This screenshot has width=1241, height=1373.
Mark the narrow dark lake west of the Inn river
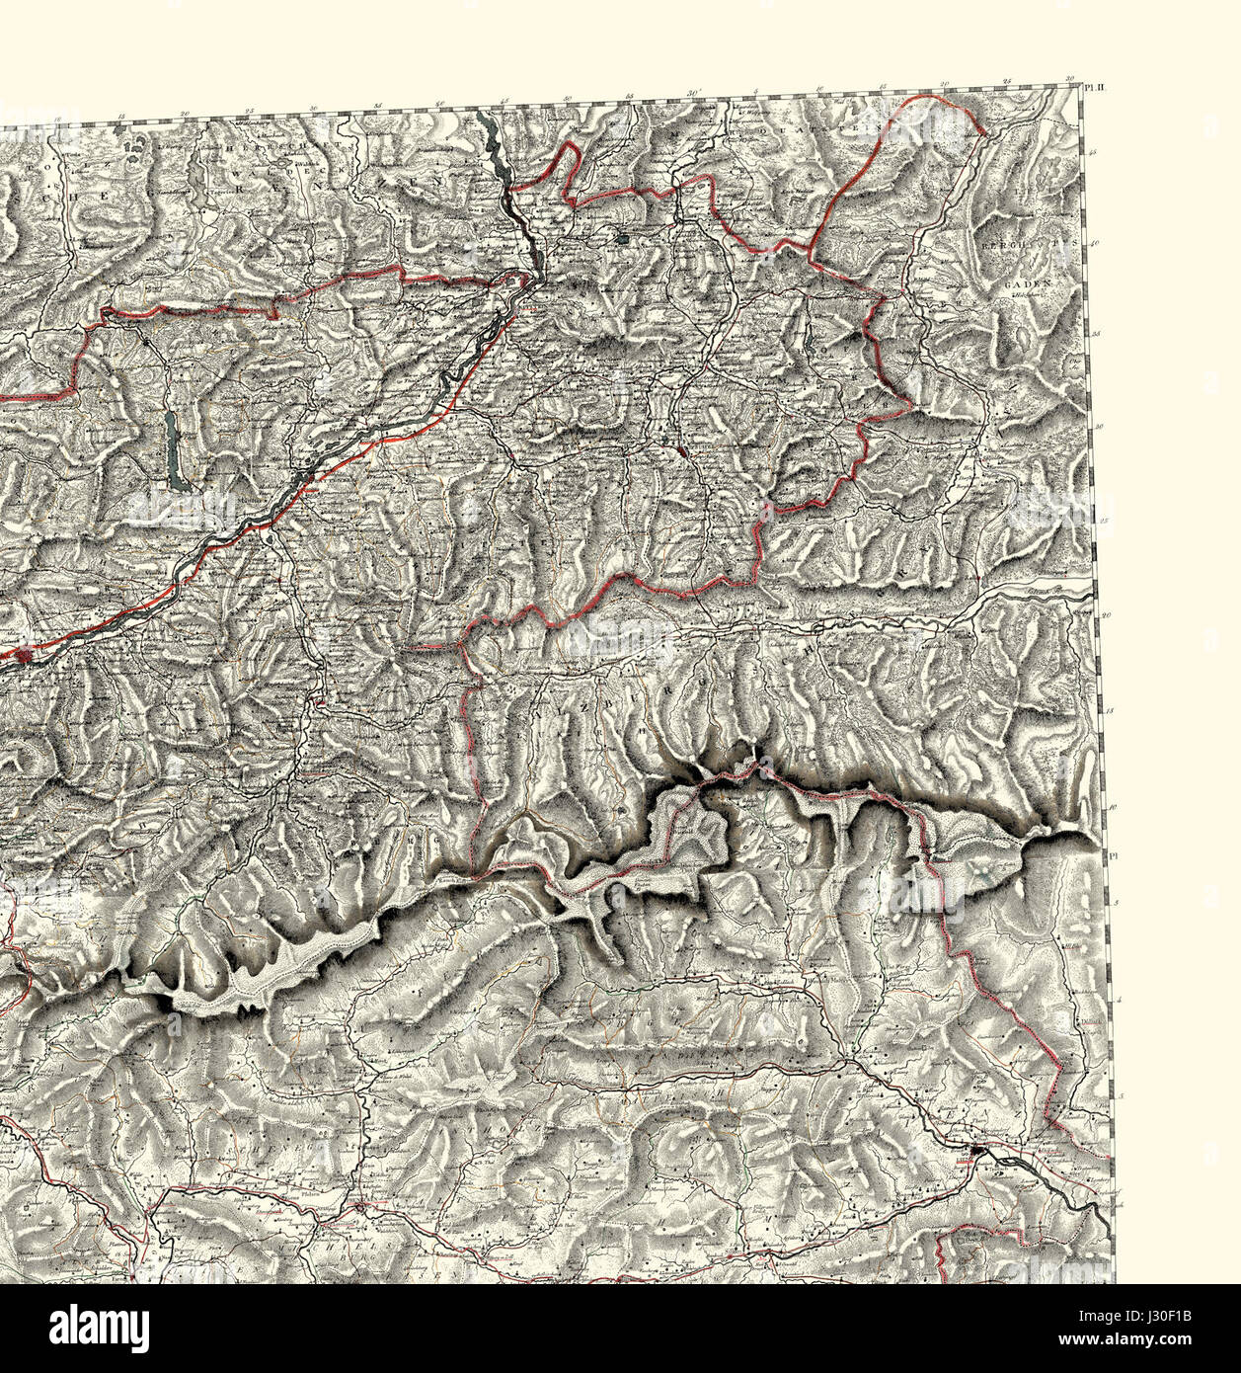[175, 449]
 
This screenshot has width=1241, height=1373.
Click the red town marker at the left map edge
[24, 654]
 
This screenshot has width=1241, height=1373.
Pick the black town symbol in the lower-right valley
[977, 1151]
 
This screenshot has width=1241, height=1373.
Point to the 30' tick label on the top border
[694, 94]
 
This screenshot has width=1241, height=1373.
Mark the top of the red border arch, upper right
[923, 99]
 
